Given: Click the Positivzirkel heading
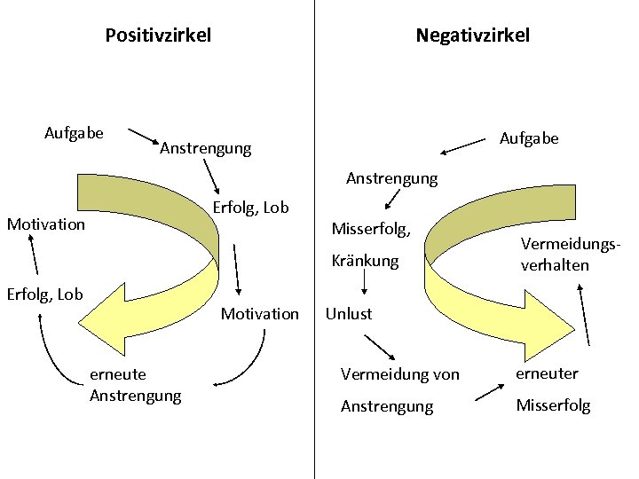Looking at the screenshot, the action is coord(158,35).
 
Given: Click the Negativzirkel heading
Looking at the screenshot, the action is coord(472,35).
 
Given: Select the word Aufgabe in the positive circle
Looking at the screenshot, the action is coord(74,133).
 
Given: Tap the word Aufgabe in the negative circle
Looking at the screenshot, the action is coord(529,138).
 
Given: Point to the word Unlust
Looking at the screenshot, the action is coord(349,313).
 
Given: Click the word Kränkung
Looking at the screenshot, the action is coord(365,262).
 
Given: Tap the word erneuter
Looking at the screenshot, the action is coord(546,373).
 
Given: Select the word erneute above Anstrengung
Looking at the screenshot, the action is coord(118,374).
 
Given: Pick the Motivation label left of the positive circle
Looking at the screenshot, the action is coord(45,224).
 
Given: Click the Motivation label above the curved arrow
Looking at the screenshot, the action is coord(259,313).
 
